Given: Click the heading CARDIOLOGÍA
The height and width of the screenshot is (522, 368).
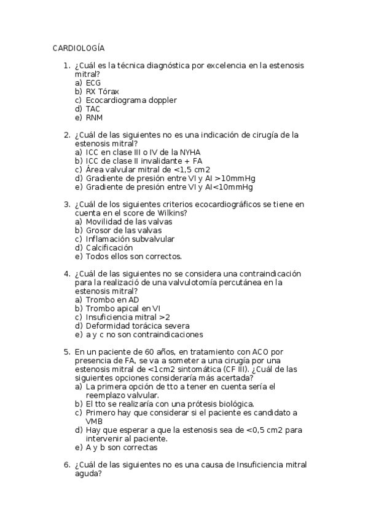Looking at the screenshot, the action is point(79,47).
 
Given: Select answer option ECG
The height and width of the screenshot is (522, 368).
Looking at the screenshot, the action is point(93,82).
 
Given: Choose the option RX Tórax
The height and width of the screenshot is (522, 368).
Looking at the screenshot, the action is point(103,91).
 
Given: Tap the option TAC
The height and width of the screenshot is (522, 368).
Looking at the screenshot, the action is point(93,108).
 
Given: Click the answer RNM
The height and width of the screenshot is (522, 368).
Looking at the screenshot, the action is point(95,117).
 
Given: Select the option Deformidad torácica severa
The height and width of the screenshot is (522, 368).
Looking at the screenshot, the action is point(138,326).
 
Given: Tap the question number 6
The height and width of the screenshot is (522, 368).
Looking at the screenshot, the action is point(66,465).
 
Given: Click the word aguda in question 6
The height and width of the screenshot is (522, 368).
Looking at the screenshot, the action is point(87,474).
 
